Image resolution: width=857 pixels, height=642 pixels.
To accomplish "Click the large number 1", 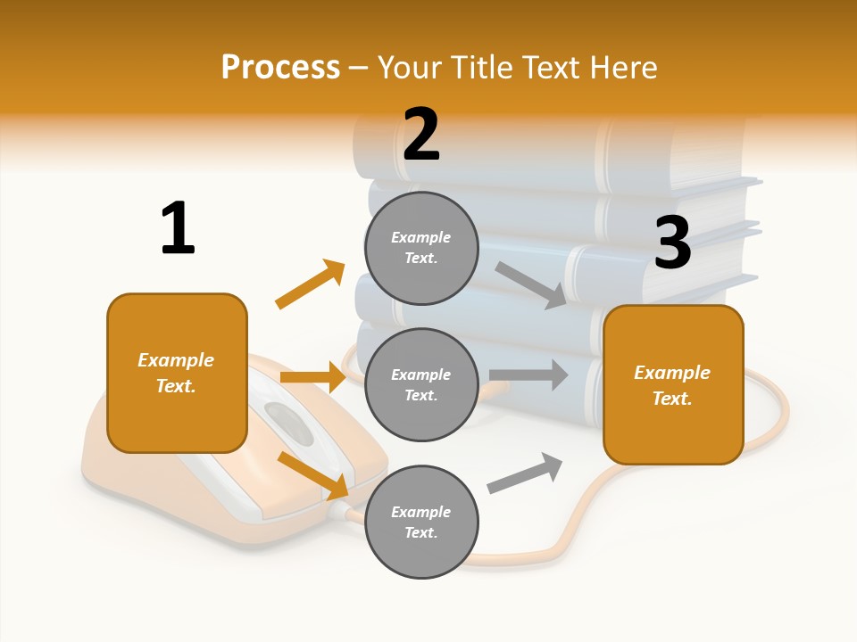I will click(x=178, y=228).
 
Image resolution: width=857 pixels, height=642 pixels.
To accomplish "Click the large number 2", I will click(x=421, y=135).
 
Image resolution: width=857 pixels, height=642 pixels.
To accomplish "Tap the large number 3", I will click(x=672, y=243).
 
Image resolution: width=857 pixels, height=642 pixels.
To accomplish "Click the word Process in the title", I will click(x=280, y=67).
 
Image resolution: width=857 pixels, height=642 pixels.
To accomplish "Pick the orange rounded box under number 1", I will click(x=177, y=373).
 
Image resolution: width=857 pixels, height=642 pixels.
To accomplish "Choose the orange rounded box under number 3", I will click(x=673, y=385).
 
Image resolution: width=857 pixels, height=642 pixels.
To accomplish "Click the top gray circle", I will click(x=421, y=248).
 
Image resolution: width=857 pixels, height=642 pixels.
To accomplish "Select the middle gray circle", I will click(x=421, y=385).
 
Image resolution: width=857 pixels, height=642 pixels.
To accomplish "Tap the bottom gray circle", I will click(x=421, y=522).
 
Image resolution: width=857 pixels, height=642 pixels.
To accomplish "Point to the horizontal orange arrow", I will click(x=312, y=377).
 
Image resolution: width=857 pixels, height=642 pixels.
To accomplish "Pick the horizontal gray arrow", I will click(x=528, y=374).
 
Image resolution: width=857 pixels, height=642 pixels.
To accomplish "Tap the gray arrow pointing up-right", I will click(x=525, y=473).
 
